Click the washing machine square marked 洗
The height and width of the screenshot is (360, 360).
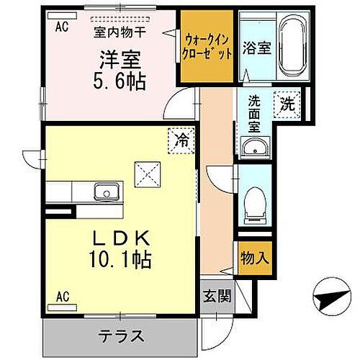287,102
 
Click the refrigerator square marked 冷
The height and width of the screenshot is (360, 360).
182,140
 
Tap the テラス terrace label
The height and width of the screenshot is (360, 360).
121,336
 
